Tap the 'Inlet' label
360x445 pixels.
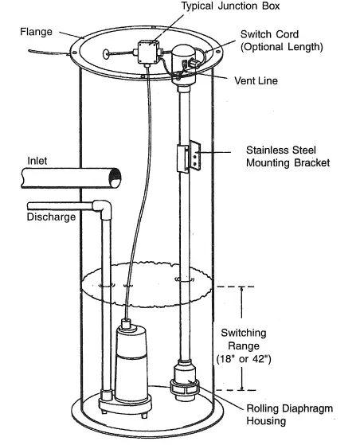37,161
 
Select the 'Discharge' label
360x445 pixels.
50,216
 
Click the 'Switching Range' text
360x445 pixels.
245,338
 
